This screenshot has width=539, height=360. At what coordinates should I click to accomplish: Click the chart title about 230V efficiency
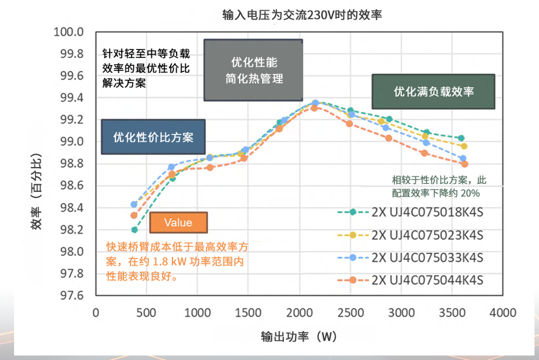pos(302,15)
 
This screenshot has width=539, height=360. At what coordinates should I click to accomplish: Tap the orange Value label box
pos(178,223)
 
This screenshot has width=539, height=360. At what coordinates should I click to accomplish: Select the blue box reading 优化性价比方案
pos(153,137)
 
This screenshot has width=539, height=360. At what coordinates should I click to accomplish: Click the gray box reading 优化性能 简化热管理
pos(254,70)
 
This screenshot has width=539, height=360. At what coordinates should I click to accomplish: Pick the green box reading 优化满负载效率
pos(433,91)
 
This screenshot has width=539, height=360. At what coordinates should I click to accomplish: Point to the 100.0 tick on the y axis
pos(69,32)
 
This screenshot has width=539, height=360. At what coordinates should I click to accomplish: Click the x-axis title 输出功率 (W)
pos(299,336)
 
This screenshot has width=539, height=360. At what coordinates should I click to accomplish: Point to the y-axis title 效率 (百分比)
pos(36,191)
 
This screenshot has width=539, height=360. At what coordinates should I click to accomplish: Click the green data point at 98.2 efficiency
pos(134,230)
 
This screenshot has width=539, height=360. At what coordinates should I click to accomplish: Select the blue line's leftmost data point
pos(134,204)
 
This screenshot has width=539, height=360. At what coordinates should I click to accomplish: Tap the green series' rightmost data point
pos(461,138)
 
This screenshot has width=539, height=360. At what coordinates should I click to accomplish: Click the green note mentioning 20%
pos(439,187)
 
